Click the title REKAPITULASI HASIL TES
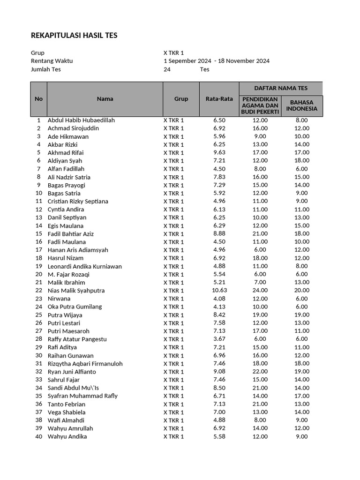[x=74, y=36]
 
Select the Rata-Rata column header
[x=219, y=99]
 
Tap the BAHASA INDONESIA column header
[x=302, y=105]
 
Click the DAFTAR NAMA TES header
[x=280, y=88]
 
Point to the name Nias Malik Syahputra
[x=76, y=291]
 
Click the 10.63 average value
[x=219, y=291]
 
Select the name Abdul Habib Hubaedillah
[x=81, y=120]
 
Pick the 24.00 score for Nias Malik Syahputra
[x=260, y=291]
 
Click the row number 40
[x=38, y=437]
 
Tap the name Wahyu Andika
[x=67, y=437]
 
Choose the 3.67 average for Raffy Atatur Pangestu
[x=219, y=339]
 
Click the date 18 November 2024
[x=244, y=61]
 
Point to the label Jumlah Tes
[x=46, y=69]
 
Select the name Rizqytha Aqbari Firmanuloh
[x=85, y=364]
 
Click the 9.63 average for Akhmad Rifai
[x=219, y=153]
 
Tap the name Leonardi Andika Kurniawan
[x=84, y=266]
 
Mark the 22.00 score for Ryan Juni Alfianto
[x=260, y=372]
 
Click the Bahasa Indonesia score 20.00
[x=302, y=291]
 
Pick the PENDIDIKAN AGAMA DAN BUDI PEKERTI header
[x=260, y=105]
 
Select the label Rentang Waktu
[x=52, y=61]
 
